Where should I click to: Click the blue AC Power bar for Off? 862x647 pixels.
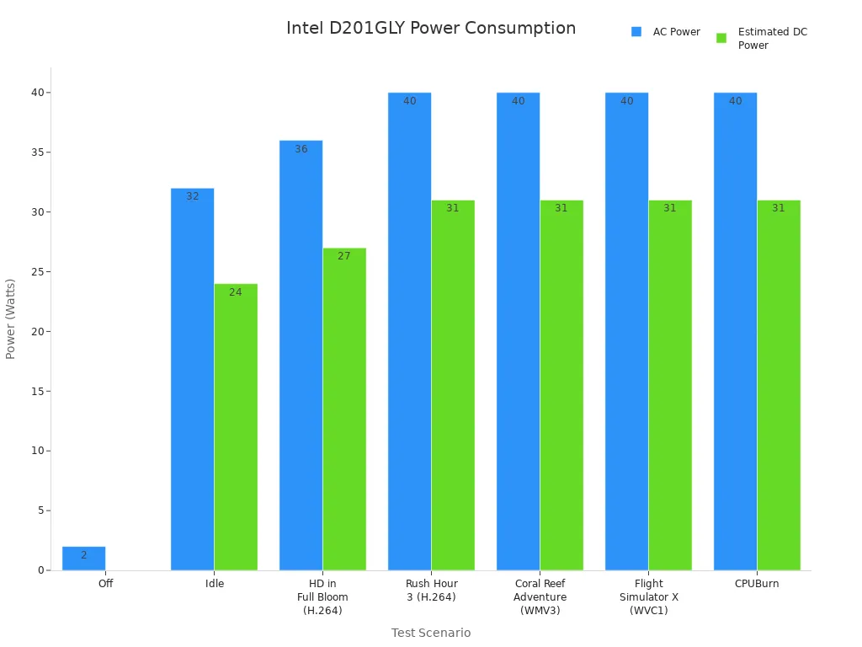point(83,559)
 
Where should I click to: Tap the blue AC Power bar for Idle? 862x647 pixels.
point(192,379)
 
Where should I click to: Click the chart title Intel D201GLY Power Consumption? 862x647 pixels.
point(431,29)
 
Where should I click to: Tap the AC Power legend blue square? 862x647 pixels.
point(636,32)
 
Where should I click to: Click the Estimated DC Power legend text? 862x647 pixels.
point(772,39)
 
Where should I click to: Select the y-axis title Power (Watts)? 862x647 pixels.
point(11,318)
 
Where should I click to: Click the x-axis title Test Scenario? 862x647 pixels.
point(431,633)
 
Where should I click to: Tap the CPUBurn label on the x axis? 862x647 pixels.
point(757,584)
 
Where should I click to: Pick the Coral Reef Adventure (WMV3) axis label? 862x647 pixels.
point(540,596)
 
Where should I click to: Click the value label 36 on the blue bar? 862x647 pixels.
point(301,149)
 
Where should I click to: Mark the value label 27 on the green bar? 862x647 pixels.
point(344,256)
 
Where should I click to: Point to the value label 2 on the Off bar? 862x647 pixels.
point(83,555)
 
